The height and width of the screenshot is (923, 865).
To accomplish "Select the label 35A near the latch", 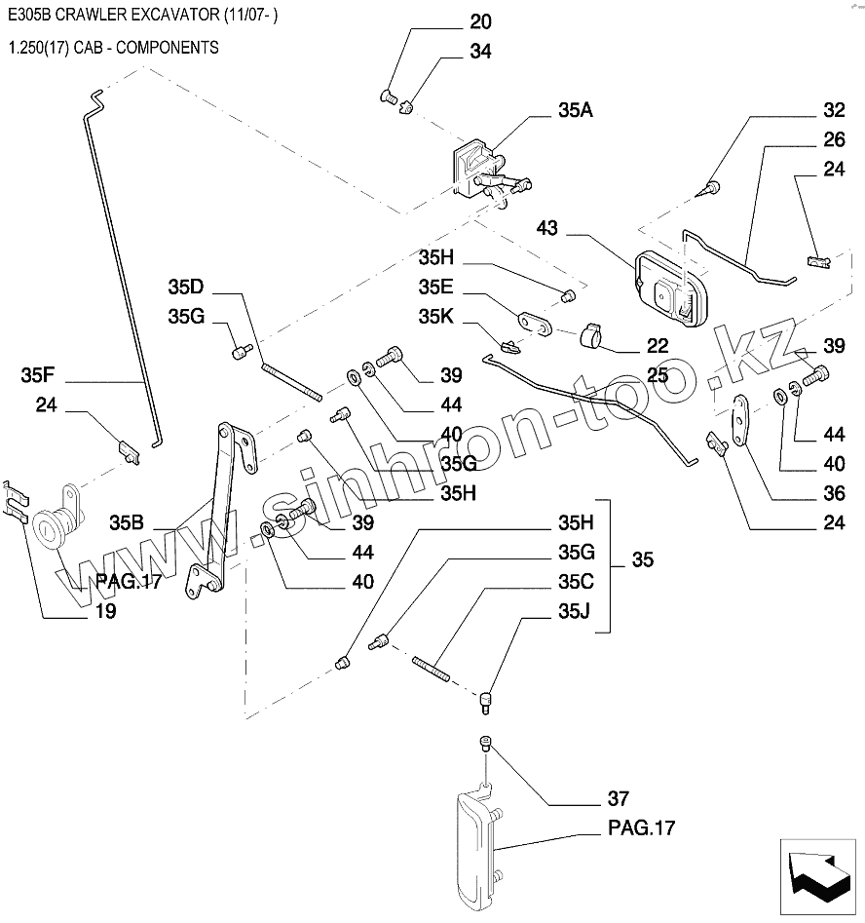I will (x=575, y=110).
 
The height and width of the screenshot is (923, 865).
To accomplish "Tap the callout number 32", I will (x=833, y=110).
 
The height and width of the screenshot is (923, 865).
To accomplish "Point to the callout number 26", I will (x=833, y=139).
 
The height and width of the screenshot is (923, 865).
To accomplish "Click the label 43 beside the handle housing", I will (x=546, y=228).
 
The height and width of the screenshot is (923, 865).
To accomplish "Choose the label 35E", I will (x=436, y=287).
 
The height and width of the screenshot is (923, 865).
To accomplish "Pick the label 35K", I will (x=436, y=316).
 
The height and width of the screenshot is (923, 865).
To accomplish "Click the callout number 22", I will (x=658, y=345).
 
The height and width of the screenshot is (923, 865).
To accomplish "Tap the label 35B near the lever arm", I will (x=127, y=522).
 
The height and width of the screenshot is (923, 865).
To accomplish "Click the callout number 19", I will (x=105, y=612).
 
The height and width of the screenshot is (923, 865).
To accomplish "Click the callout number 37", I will (x=618, y=799).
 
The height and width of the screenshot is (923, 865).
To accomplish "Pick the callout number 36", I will (x=833, y=493).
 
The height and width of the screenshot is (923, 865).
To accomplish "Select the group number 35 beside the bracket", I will (x=643, y=559).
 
